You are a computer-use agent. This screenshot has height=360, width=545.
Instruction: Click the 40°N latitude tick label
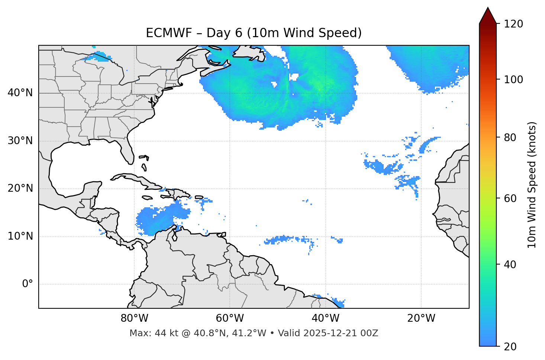[x=20, y=93]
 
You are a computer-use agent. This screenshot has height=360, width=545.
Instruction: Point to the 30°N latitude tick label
[x=20, y=141]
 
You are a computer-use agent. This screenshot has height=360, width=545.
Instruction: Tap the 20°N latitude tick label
[x=20, y=188]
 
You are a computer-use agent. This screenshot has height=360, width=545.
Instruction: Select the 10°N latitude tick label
[x=20, y=236]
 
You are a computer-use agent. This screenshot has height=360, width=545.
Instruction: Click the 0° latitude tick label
[x=28, y=284]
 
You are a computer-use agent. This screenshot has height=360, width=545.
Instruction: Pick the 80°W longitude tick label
[x=134, y=318]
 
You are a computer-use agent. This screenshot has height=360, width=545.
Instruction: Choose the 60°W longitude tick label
[x=230, y=318]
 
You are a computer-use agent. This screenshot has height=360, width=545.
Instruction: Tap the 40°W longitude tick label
[x=326, y=318]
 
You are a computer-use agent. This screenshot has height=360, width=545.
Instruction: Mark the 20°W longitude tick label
[x=421, y=318]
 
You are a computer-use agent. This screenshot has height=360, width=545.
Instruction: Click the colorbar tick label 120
[x=513, y=24]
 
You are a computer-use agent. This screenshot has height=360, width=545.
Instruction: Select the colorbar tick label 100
[x=513, y=80]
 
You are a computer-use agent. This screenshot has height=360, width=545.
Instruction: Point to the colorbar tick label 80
[x=510, y=137]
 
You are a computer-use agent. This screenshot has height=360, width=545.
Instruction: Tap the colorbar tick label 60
[x=510, y=198]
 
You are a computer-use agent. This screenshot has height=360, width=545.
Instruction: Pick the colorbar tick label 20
[x=510, y=347]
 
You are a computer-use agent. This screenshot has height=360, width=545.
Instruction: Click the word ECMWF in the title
[x=169, y=33]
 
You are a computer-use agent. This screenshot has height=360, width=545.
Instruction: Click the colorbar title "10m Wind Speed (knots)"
[x=532, y=185]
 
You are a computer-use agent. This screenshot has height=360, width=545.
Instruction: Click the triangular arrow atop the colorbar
[x=488, y=16]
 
